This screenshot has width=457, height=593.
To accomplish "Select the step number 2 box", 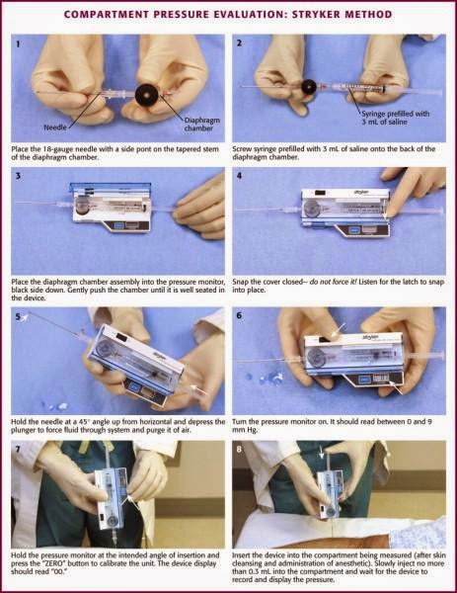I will [240, 43].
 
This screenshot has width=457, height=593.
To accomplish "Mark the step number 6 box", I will [240, 313].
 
